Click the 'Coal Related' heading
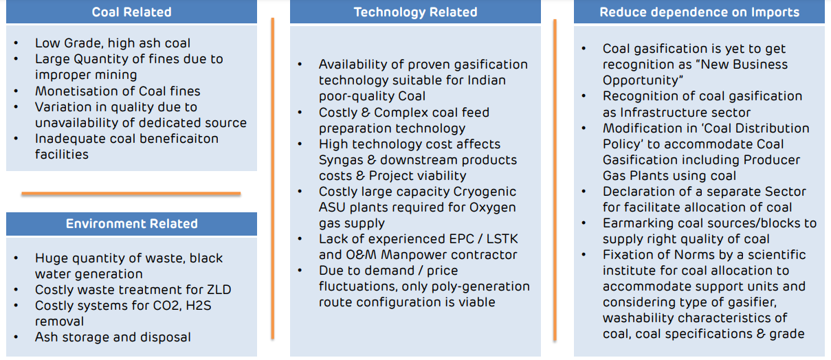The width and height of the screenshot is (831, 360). click(x=131, y=12)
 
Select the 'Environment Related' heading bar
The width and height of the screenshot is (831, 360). click(x=131, y=224)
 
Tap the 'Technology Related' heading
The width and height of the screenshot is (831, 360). click(x=415, y=12)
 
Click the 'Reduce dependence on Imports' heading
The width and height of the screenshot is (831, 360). click(x=699, y=12)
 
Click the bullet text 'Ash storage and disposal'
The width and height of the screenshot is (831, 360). click(x=113, y=337)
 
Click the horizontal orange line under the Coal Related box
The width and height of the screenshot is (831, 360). click(x=131, y=194)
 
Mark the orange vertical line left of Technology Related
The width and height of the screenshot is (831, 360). click(x=273, y=179)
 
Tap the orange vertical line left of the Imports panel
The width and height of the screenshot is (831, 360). click(x=555, y=179)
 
